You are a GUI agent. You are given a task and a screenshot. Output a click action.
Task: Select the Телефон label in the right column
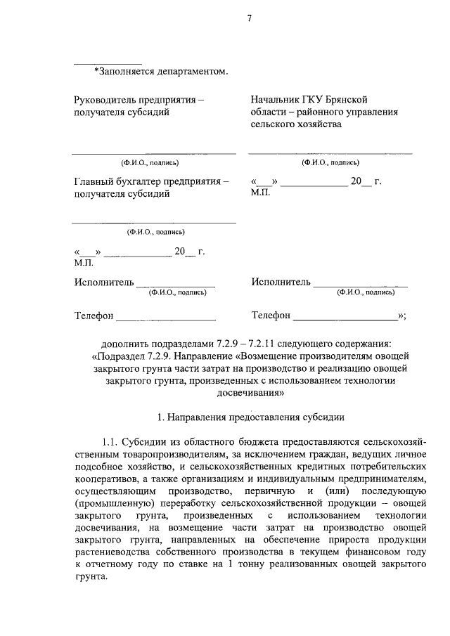point(271,316)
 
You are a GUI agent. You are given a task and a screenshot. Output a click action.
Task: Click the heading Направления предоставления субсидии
point(256,416)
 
